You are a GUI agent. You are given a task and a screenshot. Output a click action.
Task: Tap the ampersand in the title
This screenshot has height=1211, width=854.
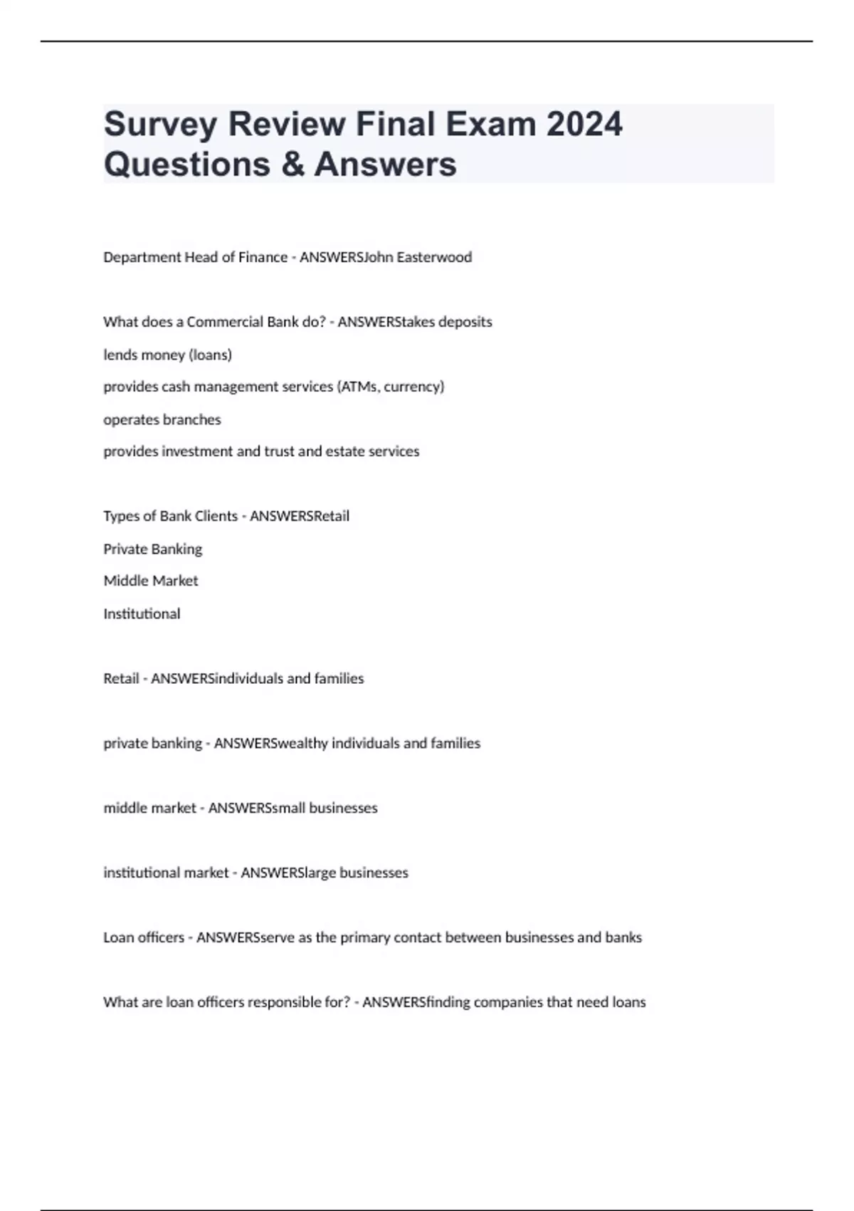(x=291, y=164)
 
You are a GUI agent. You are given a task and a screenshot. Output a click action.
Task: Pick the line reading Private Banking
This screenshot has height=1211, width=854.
(x=153, y=549)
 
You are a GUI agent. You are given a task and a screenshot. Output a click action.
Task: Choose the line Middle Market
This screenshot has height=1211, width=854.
(x=151, y=581)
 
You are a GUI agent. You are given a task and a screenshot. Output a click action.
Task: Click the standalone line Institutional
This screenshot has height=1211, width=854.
(x=142, y=614)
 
